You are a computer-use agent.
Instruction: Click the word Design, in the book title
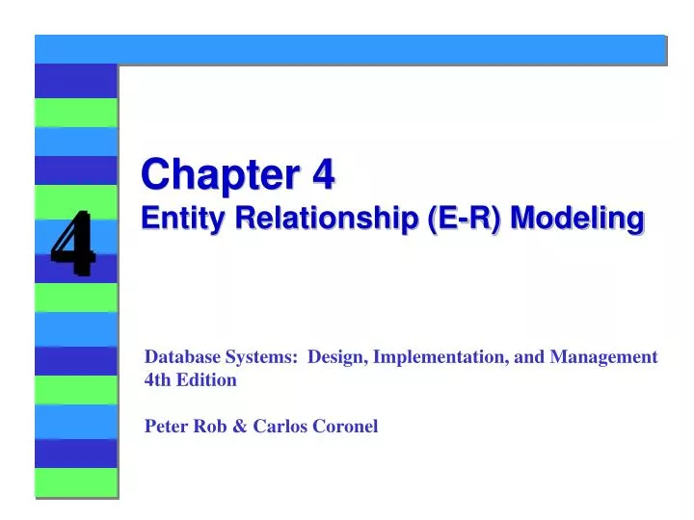coord(336,356)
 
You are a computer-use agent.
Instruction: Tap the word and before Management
coord(531,356)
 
